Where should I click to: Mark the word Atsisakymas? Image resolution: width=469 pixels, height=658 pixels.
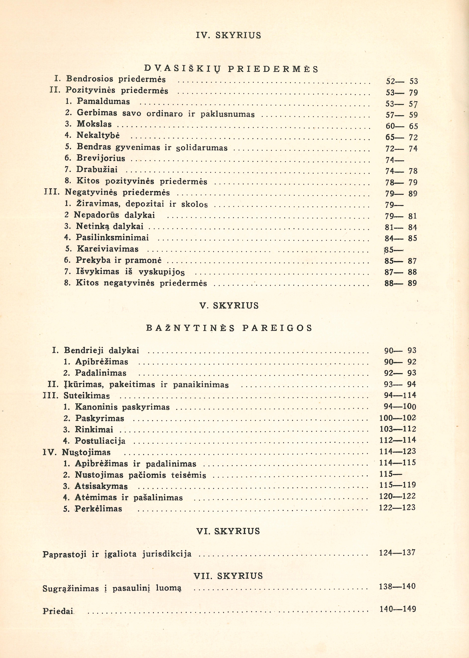click(101, 486)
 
